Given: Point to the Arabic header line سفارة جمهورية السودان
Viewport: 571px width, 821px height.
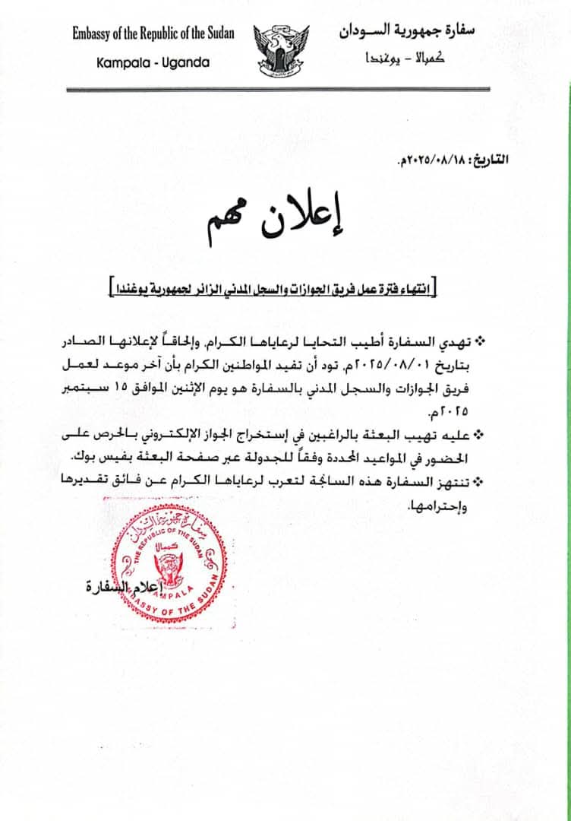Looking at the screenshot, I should point(416,32).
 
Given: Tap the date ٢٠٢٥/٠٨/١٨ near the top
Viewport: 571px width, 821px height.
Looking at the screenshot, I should point(436,162).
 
